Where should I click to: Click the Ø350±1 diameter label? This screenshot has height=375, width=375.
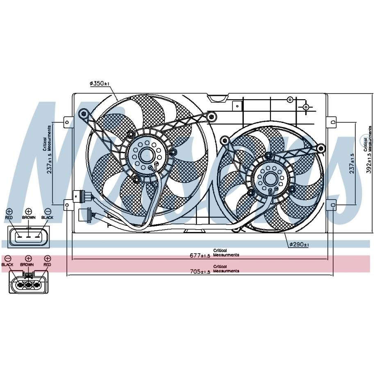click(100, 84)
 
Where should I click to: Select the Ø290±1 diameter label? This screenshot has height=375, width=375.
click(299, 245)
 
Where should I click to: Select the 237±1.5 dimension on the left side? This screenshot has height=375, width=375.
click(50, 163)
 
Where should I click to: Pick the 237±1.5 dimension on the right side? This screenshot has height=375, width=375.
click(351, 163)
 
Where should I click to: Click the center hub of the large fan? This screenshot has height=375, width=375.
click(145, 155)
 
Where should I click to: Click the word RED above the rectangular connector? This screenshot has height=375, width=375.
click(9, 217)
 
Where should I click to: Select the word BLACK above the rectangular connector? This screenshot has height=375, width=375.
click(48, 217)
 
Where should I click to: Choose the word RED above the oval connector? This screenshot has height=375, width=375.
click(47, 265)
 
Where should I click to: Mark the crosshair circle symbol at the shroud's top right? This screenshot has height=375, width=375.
click(306, 107)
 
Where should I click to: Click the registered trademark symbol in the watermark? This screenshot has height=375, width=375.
click(362, 139)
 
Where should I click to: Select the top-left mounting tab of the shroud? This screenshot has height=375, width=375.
click(67, 121)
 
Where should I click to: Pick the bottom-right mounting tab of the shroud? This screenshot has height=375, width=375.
click(333, 204)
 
